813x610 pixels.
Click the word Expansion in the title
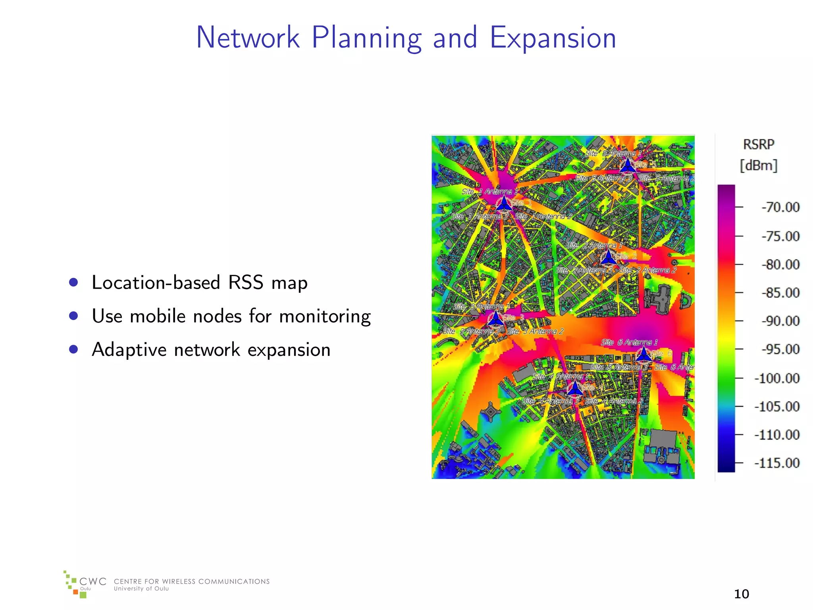click(x=553, y=38)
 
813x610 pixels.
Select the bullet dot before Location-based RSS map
click(x=73, y=282)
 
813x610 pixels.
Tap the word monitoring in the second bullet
click(x=325, y=317)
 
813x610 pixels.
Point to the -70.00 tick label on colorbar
click(x=780, y=207)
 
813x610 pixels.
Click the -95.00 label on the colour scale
click(x=780, y=349)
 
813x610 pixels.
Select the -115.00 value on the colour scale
click(x=777, y=463)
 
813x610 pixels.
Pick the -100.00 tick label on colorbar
click(x=777, y=378)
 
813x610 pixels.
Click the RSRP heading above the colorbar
click(x=759, y=145)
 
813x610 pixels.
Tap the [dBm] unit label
click(x=759, y=165)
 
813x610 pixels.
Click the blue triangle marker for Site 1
click(x=504, y=204)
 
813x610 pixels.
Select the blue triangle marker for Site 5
click(x=628, y=165)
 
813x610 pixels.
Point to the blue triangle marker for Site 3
click(x=495, y=319)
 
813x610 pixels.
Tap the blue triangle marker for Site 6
click(x=643, y=354)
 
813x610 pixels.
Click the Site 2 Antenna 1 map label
click(x=594, y=245)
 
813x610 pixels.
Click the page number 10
click(x=741, y=594)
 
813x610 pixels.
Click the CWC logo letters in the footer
click(x=93, y=582)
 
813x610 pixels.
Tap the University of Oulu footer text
click(x=141, y=589)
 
